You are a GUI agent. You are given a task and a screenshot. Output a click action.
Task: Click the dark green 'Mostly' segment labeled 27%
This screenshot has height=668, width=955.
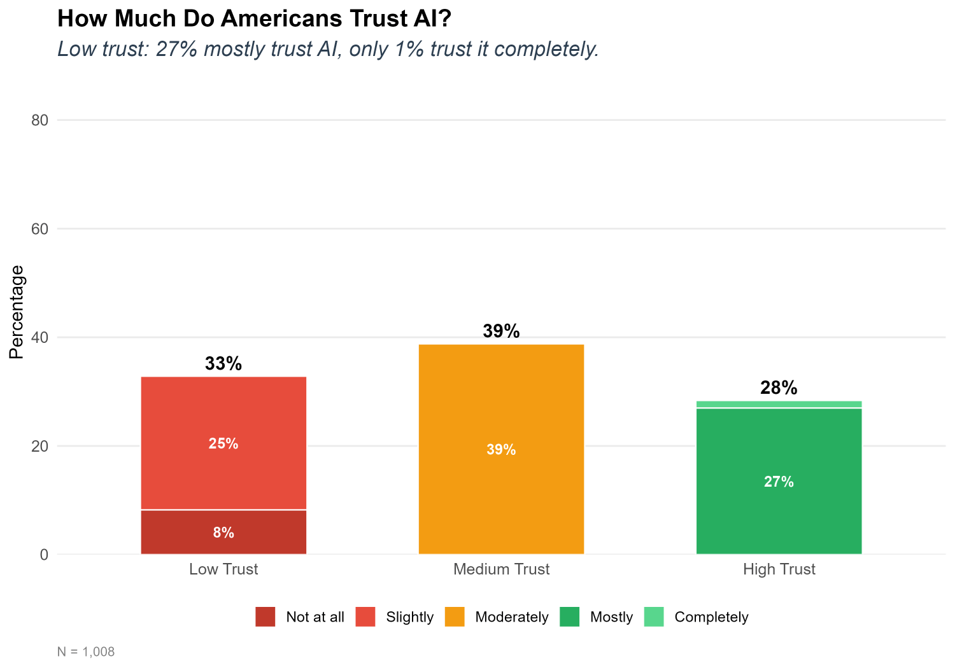point(779,509)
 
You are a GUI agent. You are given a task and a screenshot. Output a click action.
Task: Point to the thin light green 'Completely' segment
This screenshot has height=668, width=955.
point(779,404)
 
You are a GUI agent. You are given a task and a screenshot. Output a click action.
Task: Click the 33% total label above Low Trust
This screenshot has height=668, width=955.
point(223,364)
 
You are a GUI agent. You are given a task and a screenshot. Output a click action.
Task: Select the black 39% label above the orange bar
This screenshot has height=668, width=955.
point(501,331)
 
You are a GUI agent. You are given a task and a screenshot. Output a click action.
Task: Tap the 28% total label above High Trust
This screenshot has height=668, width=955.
point(779,388)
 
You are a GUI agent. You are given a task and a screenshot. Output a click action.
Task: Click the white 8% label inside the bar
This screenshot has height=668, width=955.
point(223,533)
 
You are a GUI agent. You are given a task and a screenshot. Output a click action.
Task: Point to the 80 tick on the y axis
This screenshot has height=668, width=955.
point(40,120)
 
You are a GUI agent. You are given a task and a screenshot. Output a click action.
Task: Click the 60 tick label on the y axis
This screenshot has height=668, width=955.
point(40,229)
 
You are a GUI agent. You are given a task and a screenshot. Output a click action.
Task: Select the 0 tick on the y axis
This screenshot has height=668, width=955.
point(44,555)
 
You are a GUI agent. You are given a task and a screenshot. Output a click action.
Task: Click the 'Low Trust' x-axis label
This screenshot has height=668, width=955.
point(223,569)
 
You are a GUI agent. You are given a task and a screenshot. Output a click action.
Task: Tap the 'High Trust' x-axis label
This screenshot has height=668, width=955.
point(779,569)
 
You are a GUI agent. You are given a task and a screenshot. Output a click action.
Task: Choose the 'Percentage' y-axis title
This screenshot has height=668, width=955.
point(17,312)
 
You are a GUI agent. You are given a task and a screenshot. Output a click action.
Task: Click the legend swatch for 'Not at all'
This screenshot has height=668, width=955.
point(265,617)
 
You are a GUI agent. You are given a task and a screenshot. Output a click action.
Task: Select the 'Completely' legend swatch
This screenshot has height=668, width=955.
point(654,617)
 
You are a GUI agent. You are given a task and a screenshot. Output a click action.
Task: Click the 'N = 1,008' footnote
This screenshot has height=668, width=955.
point(86,652)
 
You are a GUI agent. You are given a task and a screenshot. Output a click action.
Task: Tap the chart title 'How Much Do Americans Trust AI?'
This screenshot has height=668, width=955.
point(254,19)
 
